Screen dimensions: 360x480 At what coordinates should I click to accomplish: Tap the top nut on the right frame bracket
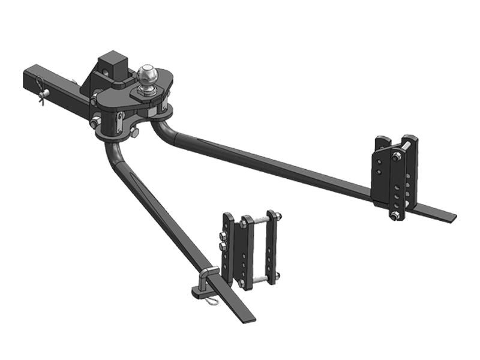click(x=397, y=157)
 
